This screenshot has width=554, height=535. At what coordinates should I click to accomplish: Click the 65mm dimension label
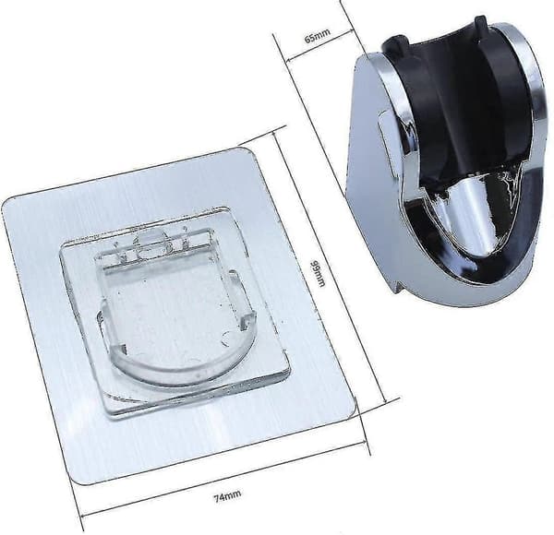318,35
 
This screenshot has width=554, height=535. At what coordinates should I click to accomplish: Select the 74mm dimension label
227,496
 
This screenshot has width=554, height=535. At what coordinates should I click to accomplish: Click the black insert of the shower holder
459,102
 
